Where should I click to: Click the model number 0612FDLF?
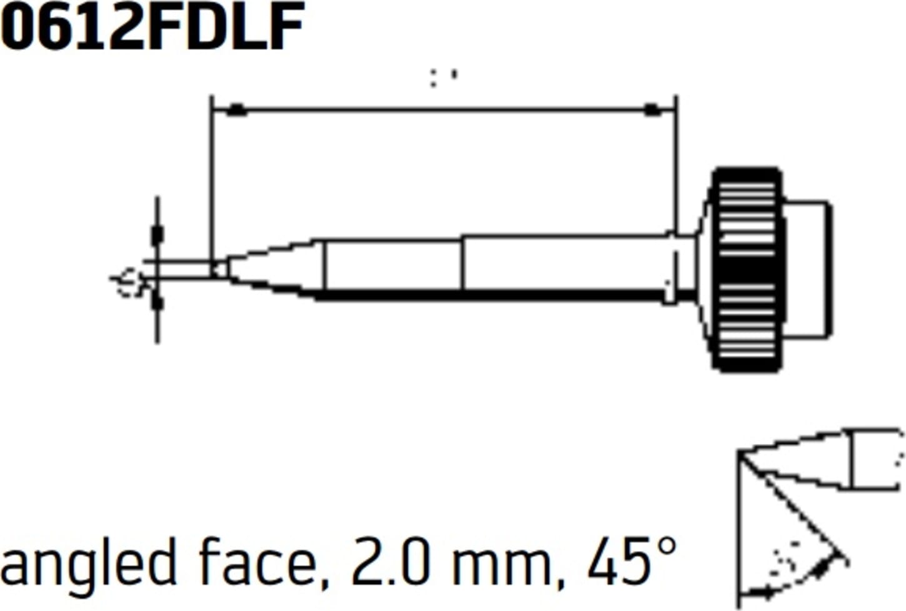152,28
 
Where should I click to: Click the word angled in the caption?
87,564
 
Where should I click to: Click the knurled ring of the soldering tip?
747,269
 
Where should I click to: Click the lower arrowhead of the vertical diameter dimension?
157,304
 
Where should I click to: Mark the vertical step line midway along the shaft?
462,263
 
